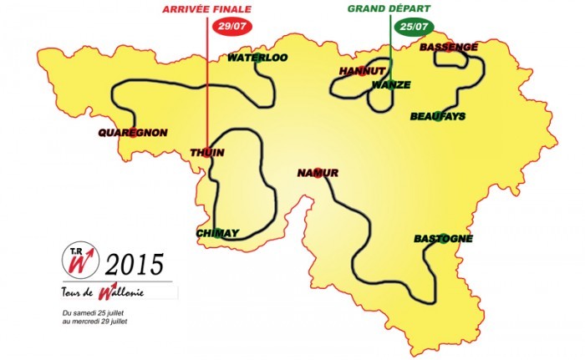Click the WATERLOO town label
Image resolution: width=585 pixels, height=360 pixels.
(258, 58)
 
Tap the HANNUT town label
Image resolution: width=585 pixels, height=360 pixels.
(360, 72)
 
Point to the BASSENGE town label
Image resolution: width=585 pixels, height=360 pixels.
(449, 48)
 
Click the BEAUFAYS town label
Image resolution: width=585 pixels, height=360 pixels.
(438, 116)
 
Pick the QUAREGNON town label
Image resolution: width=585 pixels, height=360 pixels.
(133, 133)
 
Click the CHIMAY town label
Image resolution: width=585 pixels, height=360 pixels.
(217, 233)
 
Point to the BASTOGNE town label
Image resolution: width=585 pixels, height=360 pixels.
(443, 239)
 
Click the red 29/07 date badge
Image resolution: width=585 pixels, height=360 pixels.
(234, 26)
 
